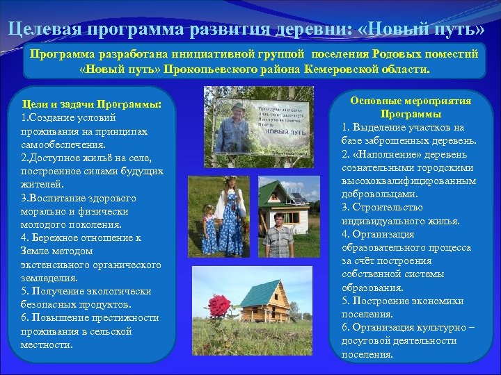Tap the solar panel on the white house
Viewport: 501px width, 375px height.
[x=298, y=199]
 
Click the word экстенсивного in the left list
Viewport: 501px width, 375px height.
[x=56, y=265]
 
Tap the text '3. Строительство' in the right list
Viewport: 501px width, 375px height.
[x=381, y=208]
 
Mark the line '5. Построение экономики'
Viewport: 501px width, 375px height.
[x=402, y=301]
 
